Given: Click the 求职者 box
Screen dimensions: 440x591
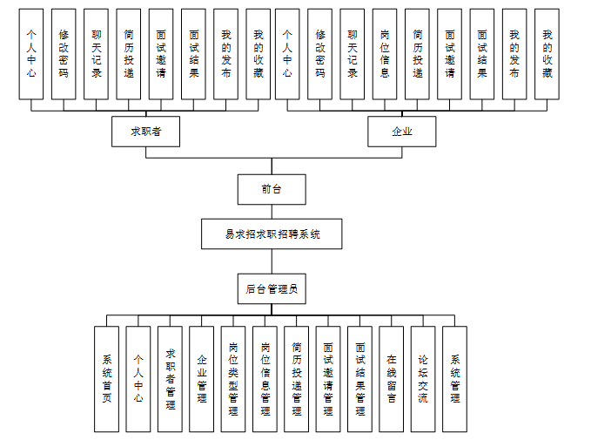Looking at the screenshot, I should [144, 132].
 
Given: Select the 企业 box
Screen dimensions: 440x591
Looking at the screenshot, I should [401, 132].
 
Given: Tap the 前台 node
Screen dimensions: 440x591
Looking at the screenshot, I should [272, 188].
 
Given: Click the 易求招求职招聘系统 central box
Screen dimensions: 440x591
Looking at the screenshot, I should [272, 234].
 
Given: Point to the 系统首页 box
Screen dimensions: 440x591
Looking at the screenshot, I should [106, 378].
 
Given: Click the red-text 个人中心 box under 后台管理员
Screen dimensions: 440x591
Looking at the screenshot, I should [138, 378].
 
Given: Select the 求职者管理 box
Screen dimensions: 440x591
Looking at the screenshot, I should [170, 378].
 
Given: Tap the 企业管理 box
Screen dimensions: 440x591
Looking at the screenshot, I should [202, 378].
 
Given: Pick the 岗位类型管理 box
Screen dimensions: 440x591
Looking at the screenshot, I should [233, 378].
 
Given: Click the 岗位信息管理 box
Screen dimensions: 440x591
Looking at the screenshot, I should [265, 378].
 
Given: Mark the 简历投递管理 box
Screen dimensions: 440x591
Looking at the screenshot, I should [297, 378].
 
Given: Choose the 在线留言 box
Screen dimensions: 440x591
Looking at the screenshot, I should [392, 378].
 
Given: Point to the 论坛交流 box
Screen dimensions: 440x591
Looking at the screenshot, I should [423, 378].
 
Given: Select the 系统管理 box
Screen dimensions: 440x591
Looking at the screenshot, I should [454, 378].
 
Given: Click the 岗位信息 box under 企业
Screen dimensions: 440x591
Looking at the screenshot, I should [385, 54].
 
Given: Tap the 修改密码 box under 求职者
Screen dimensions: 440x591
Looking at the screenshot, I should [64, 54].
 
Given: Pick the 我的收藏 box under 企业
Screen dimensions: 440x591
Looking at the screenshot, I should [547, 54].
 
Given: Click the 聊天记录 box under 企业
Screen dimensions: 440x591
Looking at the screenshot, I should [353, 54].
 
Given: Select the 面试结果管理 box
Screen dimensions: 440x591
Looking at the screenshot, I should [359, 378].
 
